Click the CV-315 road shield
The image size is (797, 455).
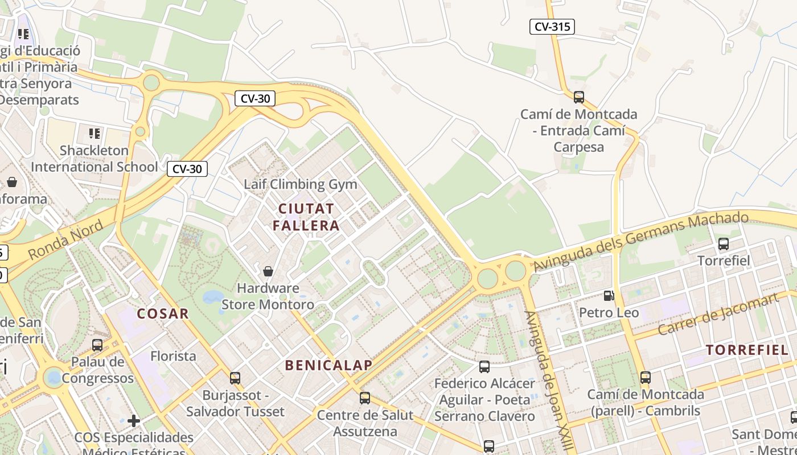552,27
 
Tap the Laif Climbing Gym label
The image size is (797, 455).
300,184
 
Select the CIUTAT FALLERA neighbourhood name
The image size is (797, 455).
306,217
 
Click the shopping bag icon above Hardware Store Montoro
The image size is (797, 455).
268,271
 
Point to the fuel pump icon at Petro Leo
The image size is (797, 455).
609,296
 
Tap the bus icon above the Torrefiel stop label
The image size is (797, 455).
723,244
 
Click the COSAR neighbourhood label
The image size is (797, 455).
163,313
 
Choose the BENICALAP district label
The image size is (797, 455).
328,365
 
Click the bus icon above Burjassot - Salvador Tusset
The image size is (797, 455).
235,378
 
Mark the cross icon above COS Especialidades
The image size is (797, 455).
134,421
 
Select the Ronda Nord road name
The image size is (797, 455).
66,241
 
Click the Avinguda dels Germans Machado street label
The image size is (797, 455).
640,241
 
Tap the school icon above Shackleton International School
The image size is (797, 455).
94,134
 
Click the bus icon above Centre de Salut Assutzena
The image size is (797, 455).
365,398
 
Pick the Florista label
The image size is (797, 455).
173,357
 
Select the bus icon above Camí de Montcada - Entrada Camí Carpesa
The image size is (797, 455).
578,97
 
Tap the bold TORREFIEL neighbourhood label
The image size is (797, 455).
747,350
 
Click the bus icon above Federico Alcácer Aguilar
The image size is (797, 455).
484,367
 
